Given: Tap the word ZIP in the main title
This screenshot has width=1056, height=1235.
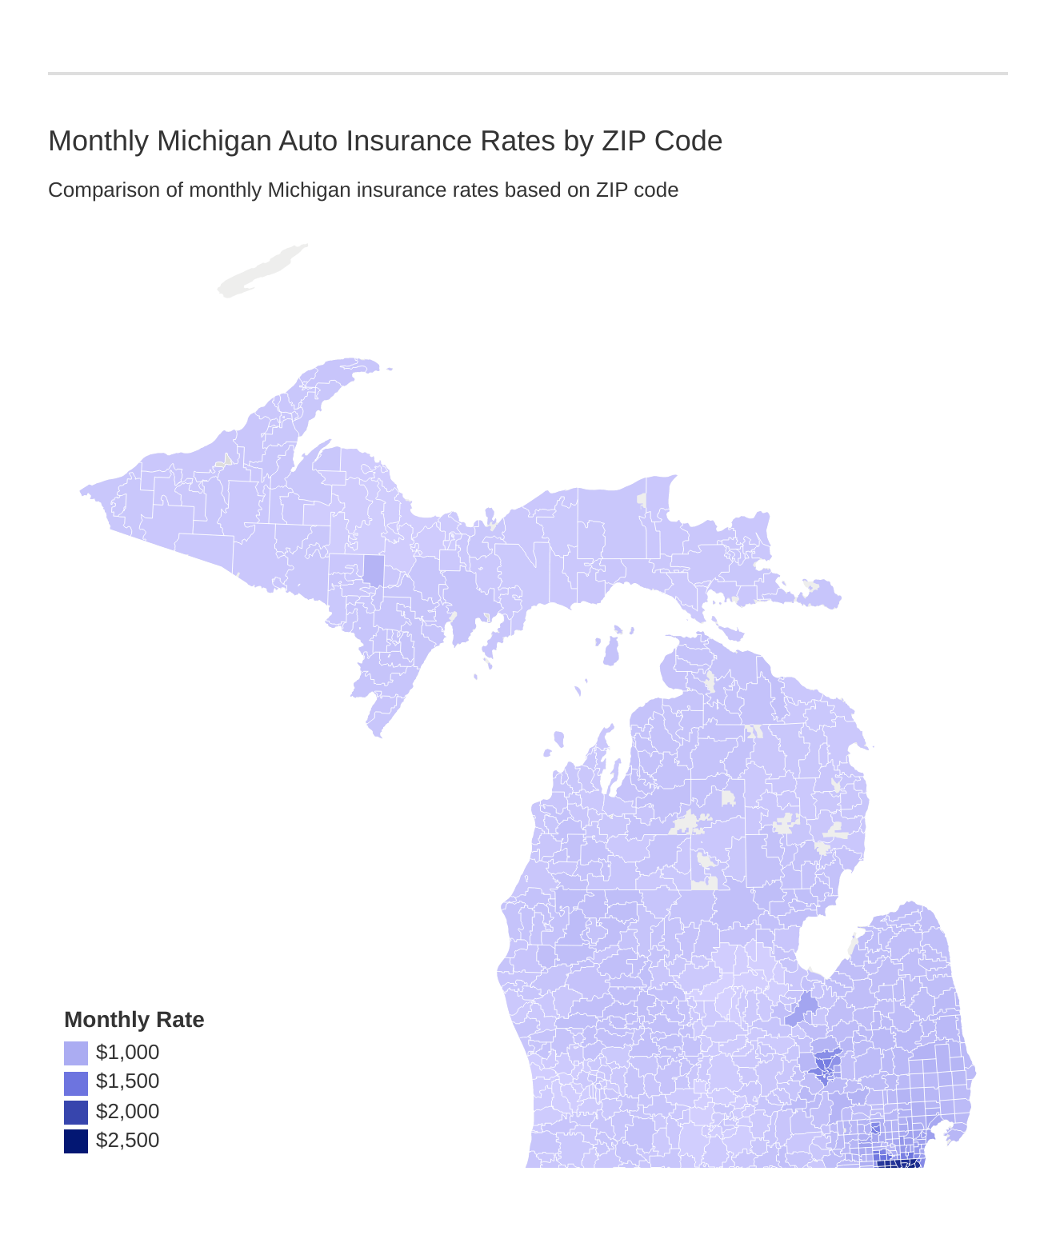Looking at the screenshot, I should pos(624,141).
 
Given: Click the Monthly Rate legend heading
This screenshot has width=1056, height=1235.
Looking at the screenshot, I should pos(134,1020).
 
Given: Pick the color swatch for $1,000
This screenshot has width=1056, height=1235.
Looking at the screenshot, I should pos(76,1053).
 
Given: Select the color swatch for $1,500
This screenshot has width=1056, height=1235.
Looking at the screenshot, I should pos(76,1082).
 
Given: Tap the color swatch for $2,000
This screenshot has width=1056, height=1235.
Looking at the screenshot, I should pos(76,1112).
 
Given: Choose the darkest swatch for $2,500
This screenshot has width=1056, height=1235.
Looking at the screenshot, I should pos(76,1141).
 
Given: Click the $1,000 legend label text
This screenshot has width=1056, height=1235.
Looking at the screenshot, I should pos(127,1053).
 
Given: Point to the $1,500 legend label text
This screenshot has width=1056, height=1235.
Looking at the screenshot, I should pos(127,1081).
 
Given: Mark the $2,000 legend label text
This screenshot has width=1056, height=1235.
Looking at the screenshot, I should pos(127,1112).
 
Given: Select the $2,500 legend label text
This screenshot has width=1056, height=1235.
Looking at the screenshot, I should pos(127,1141).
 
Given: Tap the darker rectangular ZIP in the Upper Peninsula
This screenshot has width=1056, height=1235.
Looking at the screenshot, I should pos(373,570).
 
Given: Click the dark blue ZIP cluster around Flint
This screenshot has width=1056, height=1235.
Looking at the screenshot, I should pos(824,1065).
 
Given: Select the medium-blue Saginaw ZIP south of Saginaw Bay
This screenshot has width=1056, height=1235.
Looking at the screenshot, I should pos(803,1007).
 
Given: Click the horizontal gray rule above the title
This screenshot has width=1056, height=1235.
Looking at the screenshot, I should pos(528,74).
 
